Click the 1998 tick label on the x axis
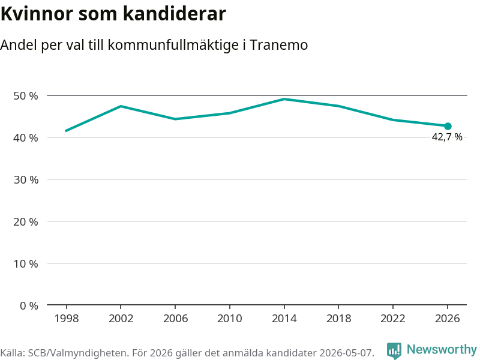pyautogui.click(x=67, y=319)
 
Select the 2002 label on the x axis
pyautogui.click(x=121, y=319)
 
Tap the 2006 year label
pyautogui.click(x=175, y=319)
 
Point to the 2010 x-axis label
pyautogui.click(x=230, y=319)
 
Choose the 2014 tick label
pyautogui.click(x=284, y=319)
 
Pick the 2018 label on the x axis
pyautogui.click(x=338, y=319)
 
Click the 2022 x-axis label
pyautogui.click(x=393, y=319)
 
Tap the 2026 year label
pyautogui.click(x=447, y=319)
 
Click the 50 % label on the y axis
pyautogui.click(x=26, y=96)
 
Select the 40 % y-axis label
pyautogui.click(x=26, y=138)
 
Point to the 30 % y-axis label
pyautogui.click(x=26, y=179)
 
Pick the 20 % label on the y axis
pyautogui.click(x=26, y=221)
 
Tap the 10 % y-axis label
pyautogui.click(x=26, y=263)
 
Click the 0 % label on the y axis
pyautogui.click(x=29, y=305)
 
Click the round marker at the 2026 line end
pyautogui.click(x=448, y=126)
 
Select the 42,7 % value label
pyautogui.click(x=447, y=137)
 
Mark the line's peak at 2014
pyautogui.click(x=284, y=99)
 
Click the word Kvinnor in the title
pyautogui.click(x=37, y=14)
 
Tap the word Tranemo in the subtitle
pyautogui.click(x=278, y=45)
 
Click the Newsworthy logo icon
pyautogui.click(x=394, y=350)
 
